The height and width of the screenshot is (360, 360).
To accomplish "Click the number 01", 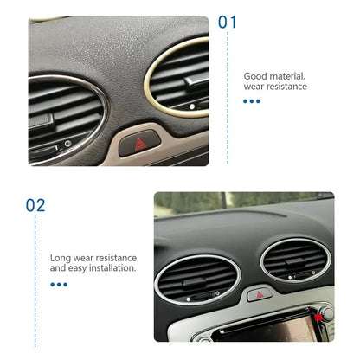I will (227, 22).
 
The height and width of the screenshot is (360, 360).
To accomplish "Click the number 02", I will (35, 205).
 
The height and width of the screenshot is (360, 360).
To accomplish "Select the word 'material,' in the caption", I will (287, 76).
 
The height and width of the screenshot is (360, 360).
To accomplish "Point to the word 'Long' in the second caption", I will (61, 257).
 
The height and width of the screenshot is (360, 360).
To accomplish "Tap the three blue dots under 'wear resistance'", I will (252, 101).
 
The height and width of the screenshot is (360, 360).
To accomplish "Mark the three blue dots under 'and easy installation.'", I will (59, 284).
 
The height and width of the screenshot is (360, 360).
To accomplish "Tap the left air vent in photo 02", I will (197, 277).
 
